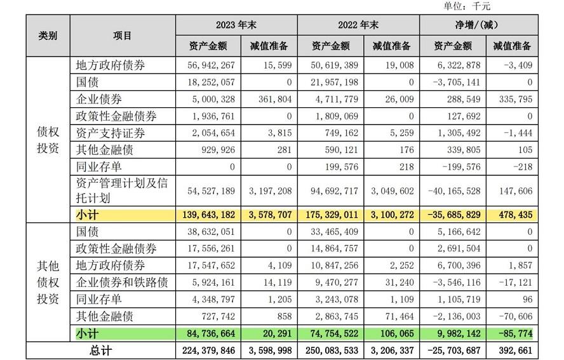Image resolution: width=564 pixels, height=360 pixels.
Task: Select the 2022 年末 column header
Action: (x=358, y=25)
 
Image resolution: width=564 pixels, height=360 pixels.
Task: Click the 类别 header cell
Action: (x=47, y=36)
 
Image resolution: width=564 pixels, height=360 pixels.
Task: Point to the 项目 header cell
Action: (x=123, y=36)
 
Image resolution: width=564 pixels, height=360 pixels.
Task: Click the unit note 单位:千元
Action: (x=467, y=6)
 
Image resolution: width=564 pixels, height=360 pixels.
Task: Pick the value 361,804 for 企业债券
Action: (x=273, y=100)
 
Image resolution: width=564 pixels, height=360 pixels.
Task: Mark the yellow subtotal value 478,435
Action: (x=511, y=215)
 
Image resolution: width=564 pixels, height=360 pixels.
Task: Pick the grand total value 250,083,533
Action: (x=327, y=350)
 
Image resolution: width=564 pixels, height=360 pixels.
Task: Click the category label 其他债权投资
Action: (x=47, y=282)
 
